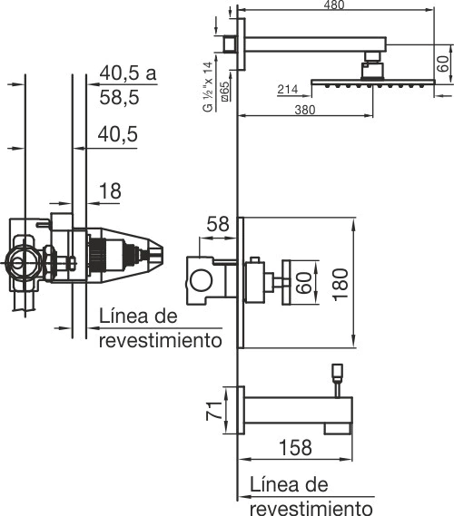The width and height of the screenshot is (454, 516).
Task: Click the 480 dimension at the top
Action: click(334, 5)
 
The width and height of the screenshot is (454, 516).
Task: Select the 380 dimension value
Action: click(305, 110)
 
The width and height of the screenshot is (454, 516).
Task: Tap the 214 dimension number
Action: click(288, 89)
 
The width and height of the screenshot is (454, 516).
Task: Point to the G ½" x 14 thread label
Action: click(208, 87)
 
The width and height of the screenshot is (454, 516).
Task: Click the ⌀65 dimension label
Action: click(225, 92)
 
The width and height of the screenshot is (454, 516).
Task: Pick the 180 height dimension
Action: click(340, 284)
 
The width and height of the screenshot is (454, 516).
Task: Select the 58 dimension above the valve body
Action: click(217, 224)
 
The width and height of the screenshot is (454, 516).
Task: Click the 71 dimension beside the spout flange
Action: click(213, 411)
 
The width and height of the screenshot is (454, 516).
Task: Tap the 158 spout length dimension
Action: click(295, 447)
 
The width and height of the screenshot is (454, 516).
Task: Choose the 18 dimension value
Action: click(110, 190)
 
